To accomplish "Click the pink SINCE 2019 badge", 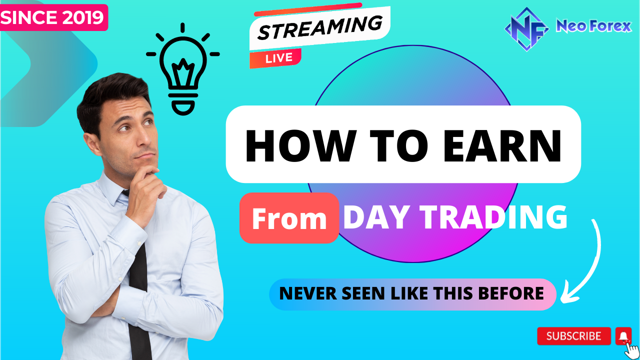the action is click(53, 17).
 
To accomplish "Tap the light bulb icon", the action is click(183, 69).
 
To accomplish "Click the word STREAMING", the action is click(320, 27).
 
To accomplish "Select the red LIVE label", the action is click(275, 58).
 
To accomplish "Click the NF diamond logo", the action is click(526, 29).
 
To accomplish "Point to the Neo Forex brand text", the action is click(593, 26).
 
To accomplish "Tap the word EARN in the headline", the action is click(502, 145).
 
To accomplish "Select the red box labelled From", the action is click(289, 218).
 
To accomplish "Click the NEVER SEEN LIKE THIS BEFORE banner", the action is click(412, 294).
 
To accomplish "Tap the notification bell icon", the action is click(623, 336).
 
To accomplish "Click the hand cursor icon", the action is click(631, 350).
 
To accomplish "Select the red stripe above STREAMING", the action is click(308, 9).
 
